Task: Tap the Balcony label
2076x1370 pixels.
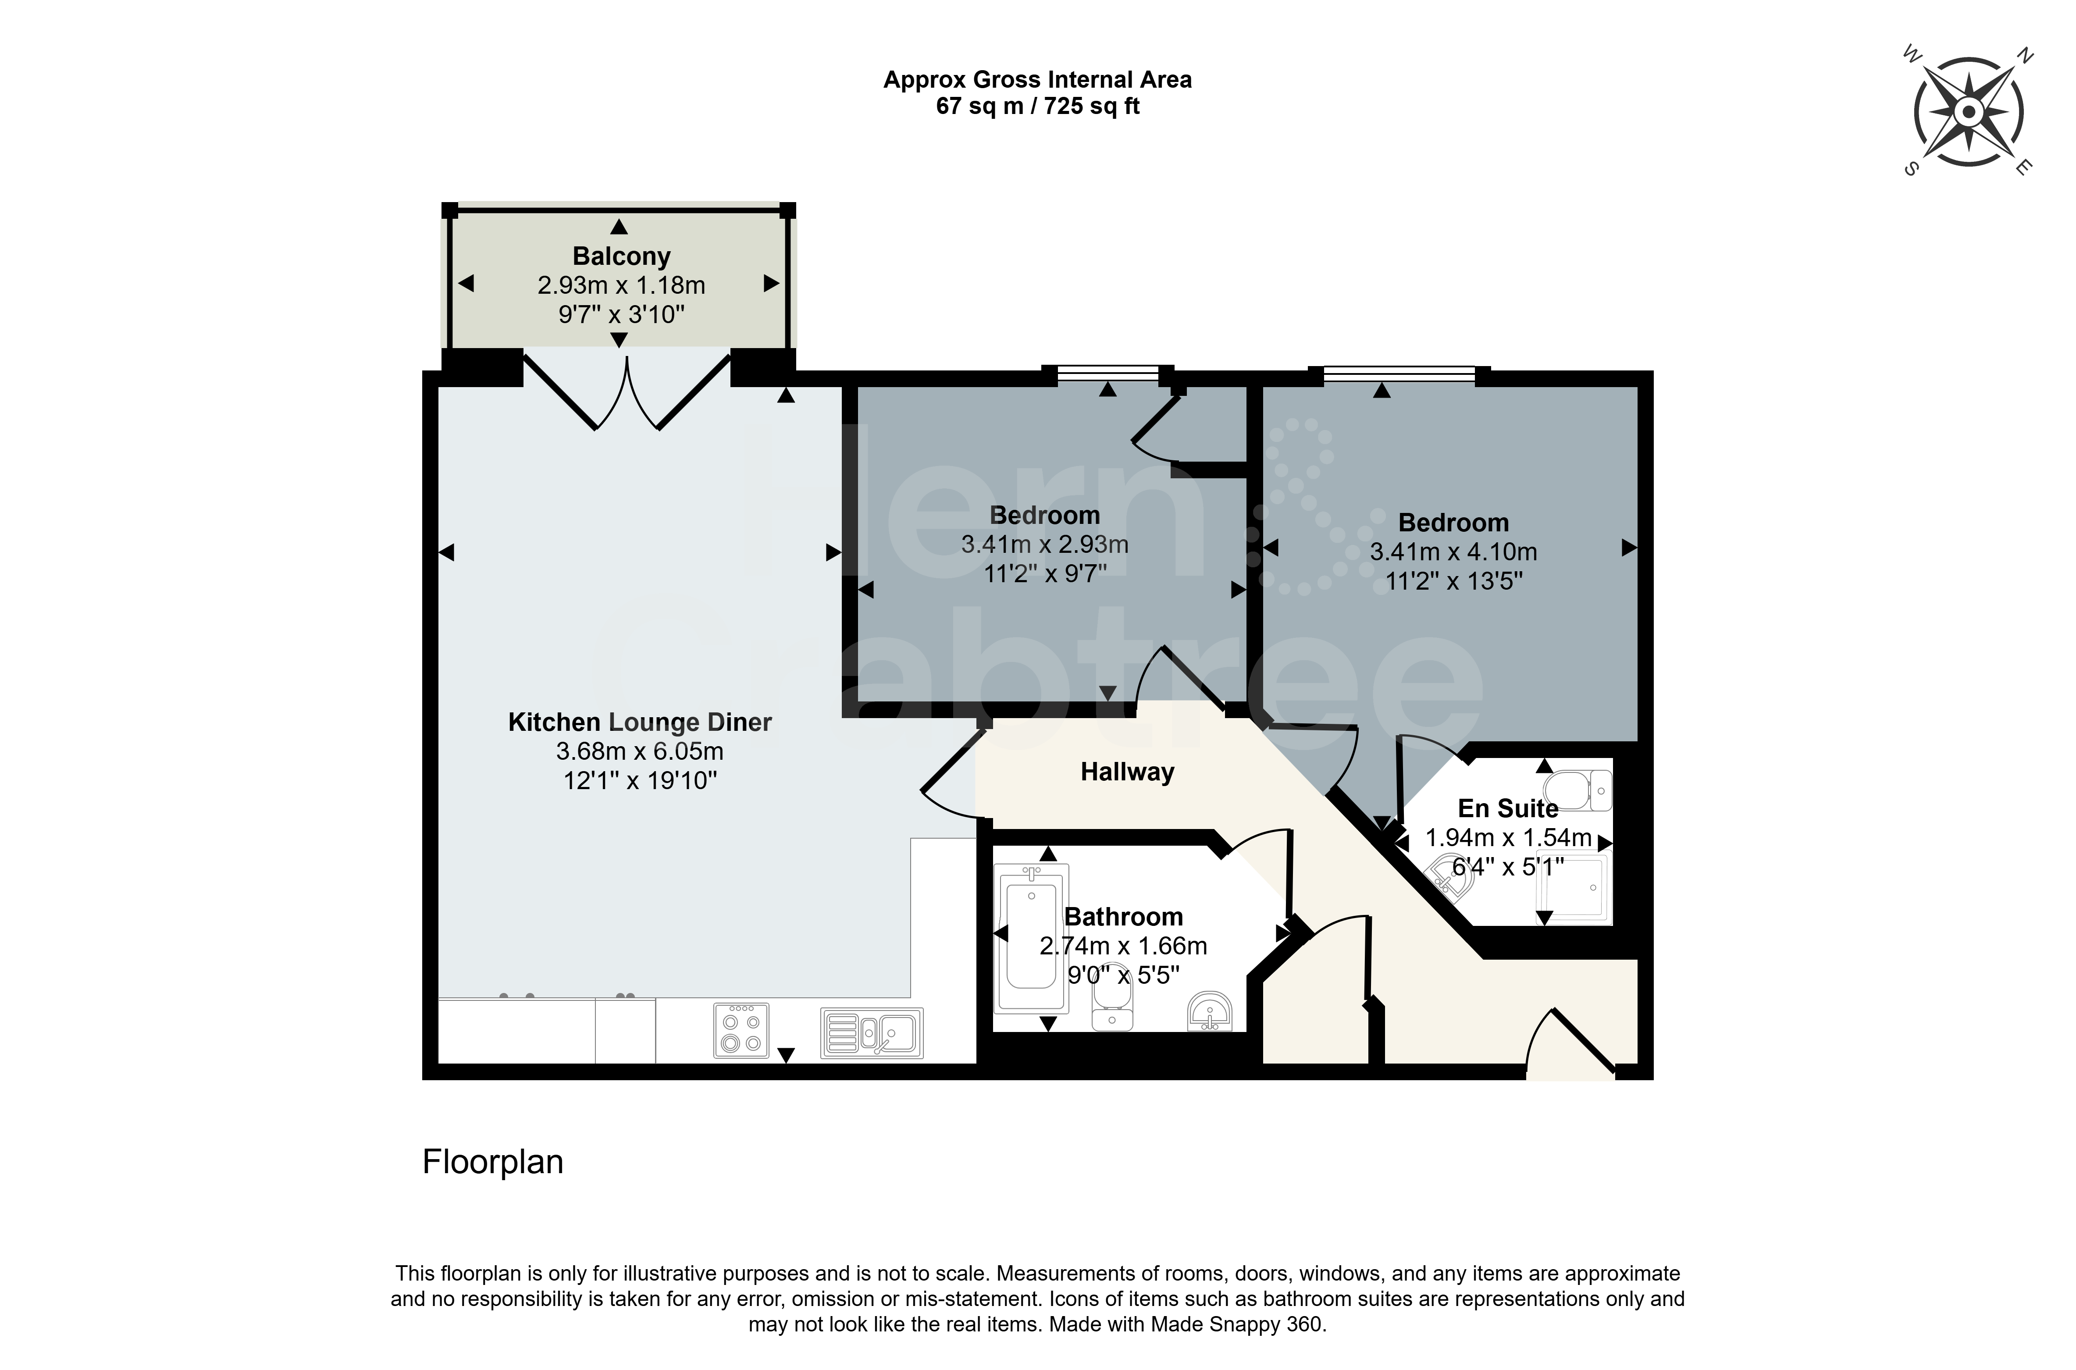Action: (x=621, y=256)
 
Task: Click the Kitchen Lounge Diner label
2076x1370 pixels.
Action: (x=641, y=722)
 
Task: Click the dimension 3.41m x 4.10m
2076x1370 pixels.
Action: (x=1454, y=552)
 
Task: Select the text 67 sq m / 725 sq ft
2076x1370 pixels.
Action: (x=1038, y=107)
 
